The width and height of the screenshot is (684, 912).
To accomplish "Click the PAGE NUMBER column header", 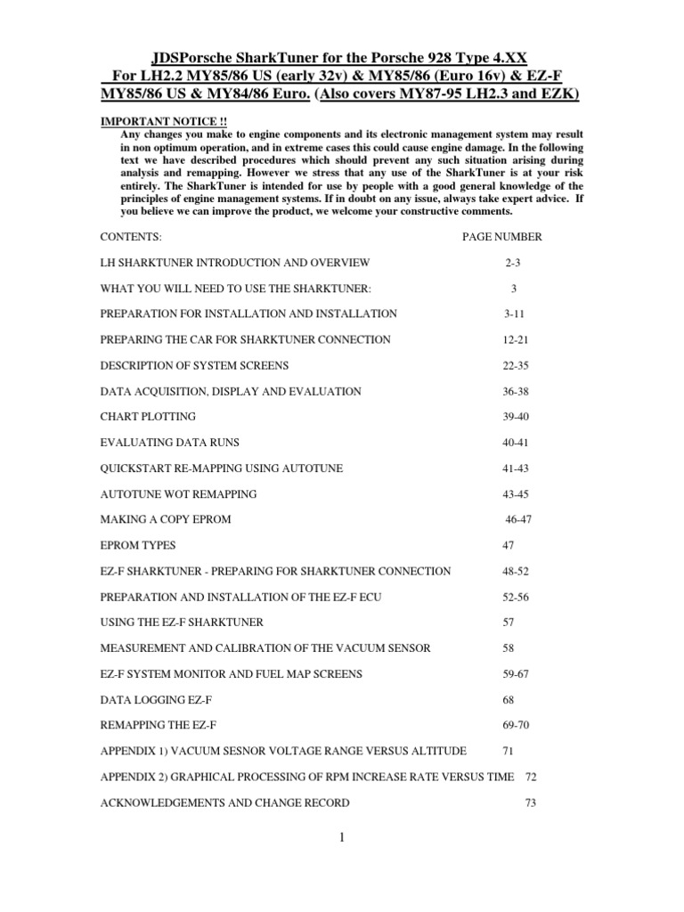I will coord(501,237).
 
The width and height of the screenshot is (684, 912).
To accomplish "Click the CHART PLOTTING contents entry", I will coord(147,416).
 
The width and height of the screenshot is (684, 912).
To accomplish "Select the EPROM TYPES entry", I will coord(140,545).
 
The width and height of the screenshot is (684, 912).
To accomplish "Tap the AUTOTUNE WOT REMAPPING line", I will coord(178,493).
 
